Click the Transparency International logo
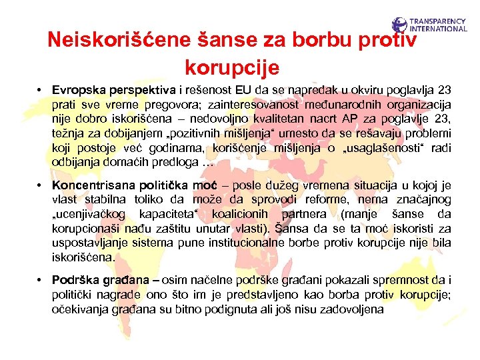coord(429,25)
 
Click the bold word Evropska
coord(79,89)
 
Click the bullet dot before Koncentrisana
coord(41,184)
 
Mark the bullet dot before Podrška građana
coord(41,279)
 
